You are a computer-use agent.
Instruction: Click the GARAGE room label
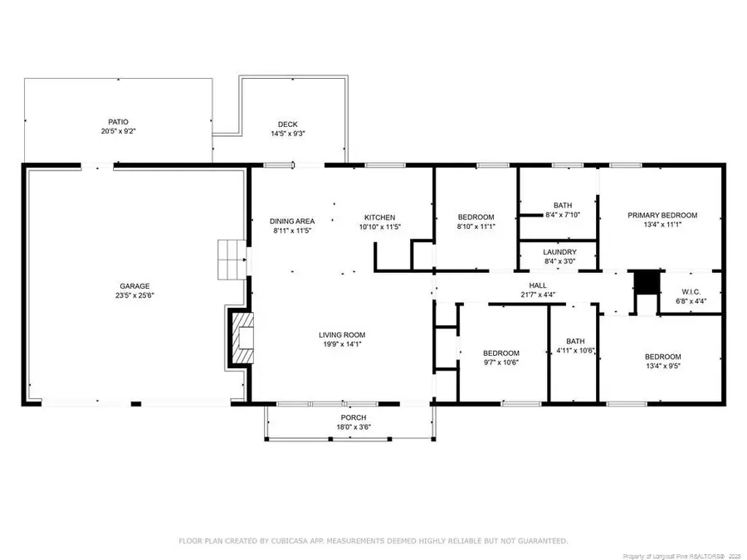(134, 286)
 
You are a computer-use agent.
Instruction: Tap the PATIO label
(118, 123)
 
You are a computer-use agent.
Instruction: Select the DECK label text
(288, 124)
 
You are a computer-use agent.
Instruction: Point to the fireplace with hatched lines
(243, 338)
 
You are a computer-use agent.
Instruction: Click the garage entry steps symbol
(232, 260)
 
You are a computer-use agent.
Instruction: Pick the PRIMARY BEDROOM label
(662, 215)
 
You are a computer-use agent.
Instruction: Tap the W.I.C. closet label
(691, 292)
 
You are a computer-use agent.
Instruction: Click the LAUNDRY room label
(559, 252)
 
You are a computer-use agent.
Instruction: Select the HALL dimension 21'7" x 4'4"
(538, 295)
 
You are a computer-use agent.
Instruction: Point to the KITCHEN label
(379, 217)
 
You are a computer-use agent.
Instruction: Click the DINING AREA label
(292, 222)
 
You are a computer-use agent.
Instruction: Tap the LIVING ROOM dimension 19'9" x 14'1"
(342, 343)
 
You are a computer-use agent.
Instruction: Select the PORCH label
(354, 417)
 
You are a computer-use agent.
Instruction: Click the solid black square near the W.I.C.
(647, 282)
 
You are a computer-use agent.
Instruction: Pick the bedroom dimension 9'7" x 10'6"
(500, 363)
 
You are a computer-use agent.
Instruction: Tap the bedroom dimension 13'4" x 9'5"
(662, 366)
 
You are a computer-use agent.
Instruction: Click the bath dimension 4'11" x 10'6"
(575, 351)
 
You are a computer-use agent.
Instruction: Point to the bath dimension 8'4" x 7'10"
(563, 215)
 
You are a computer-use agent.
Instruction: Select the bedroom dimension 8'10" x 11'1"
(476, 226)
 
